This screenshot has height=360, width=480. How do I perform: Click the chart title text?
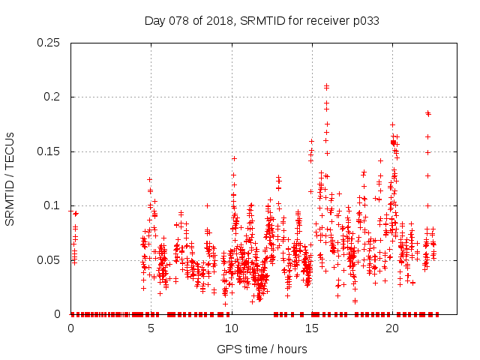[x=261, y=20]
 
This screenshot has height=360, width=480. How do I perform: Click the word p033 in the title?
[x=364, y=20]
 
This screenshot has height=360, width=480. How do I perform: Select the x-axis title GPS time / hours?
[x=262, y=349]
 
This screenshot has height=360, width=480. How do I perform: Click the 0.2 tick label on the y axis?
[x=54, y=97]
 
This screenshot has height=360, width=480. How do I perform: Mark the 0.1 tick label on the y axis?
[x=54, y=206]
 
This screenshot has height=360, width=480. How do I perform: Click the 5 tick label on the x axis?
[x=151, y=328]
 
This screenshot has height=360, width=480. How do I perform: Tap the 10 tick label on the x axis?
[x=231, y=328]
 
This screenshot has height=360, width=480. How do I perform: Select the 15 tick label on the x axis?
[x=311, y=328]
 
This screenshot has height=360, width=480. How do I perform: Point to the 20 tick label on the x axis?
[x=391, y=328]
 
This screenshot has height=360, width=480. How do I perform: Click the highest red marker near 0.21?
[x=326, y=86]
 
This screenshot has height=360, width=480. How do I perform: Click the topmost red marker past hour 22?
[x=428, y=113]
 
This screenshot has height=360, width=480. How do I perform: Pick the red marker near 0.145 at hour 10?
[x=234, y=158]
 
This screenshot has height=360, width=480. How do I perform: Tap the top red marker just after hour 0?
[x=76, y=214]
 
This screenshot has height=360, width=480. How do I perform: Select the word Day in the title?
[x=154, y=20]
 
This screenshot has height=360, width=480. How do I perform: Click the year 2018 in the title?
[x=214, y=20]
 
